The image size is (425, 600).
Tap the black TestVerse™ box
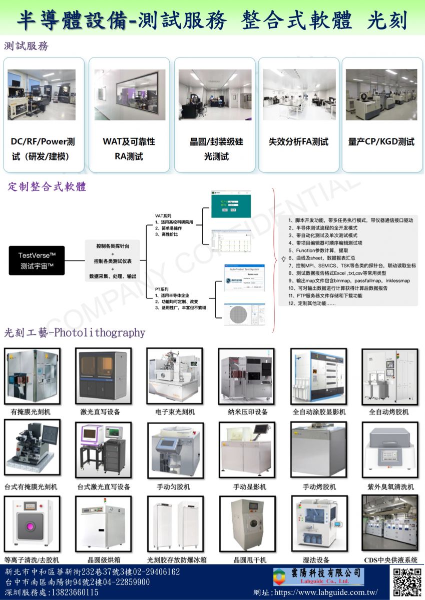[x=37, y=260]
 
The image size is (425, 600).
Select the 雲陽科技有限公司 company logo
[x=318, y=576]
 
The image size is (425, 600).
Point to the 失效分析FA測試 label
[x=298, y=142]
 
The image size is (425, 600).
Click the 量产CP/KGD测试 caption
[x=381, y=142]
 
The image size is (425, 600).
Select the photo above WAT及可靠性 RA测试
[x=129, y=95]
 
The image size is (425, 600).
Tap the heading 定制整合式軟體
[x=48, y=187]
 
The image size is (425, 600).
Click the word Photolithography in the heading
[x=100, y=333]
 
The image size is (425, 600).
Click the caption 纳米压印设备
[x=244, y=412]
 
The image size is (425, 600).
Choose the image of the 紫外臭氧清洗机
[x=389, y=450]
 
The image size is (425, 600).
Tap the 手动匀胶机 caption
[x=173, y=486]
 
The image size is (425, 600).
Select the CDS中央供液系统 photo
[x=389, y=523]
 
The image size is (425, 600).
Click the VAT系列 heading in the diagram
[x=163, y=215]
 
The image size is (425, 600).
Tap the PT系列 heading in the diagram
[x=162, y=289]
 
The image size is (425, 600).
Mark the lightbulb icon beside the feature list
[x=283, y=259]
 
